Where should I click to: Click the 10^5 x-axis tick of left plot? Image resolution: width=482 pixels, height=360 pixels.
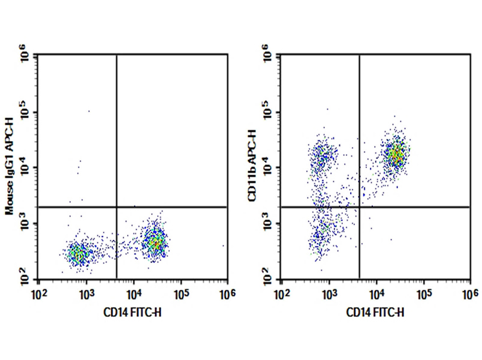coord(180,292)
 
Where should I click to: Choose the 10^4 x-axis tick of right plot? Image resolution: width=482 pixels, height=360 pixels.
coord(376,292)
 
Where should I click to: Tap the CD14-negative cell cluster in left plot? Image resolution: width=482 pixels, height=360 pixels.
coord(79,254)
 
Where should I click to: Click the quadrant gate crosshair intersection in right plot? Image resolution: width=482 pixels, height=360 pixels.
coord(359,207)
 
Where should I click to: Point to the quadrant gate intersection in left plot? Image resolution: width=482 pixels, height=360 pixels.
coord(116,207)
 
